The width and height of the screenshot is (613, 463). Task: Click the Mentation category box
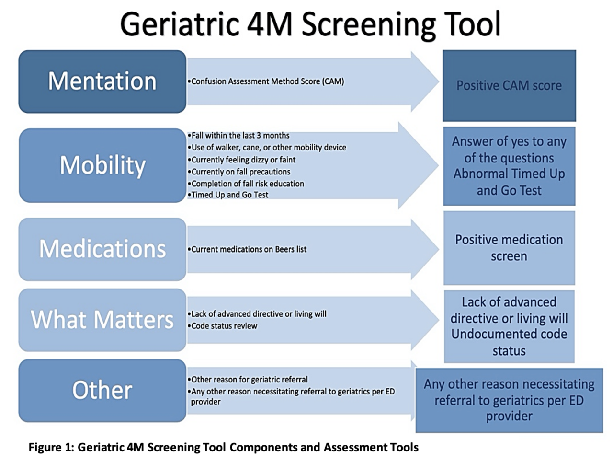102,81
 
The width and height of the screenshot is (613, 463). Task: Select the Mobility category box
102,165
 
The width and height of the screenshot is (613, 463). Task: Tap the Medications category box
102,249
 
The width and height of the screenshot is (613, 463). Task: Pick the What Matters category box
102,320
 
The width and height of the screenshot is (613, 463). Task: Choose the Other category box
102,390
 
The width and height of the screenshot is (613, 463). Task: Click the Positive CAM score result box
509,85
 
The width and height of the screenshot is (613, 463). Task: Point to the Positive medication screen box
509,248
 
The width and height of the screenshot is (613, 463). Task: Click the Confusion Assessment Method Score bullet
266,81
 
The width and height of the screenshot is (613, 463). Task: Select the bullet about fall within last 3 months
238,136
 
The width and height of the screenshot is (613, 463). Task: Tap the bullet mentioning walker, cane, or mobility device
267,148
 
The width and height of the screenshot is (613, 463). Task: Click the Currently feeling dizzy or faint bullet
241,160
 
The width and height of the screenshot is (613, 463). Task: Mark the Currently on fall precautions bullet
239,172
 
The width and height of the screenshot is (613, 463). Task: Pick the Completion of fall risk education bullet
246,184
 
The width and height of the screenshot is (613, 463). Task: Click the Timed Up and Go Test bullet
228,195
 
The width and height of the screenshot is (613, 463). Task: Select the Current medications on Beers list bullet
247,249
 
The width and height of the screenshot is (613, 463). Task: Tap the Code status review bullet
222,326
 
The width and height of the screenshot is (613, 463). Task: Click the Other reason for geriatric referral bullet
248,380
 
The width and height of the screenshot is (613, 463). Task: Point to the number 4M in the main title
270,24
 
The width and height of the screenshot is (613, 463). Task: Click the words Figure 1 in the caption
51,447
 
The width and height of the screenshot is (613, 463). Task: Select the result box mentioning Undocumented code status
509,326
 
